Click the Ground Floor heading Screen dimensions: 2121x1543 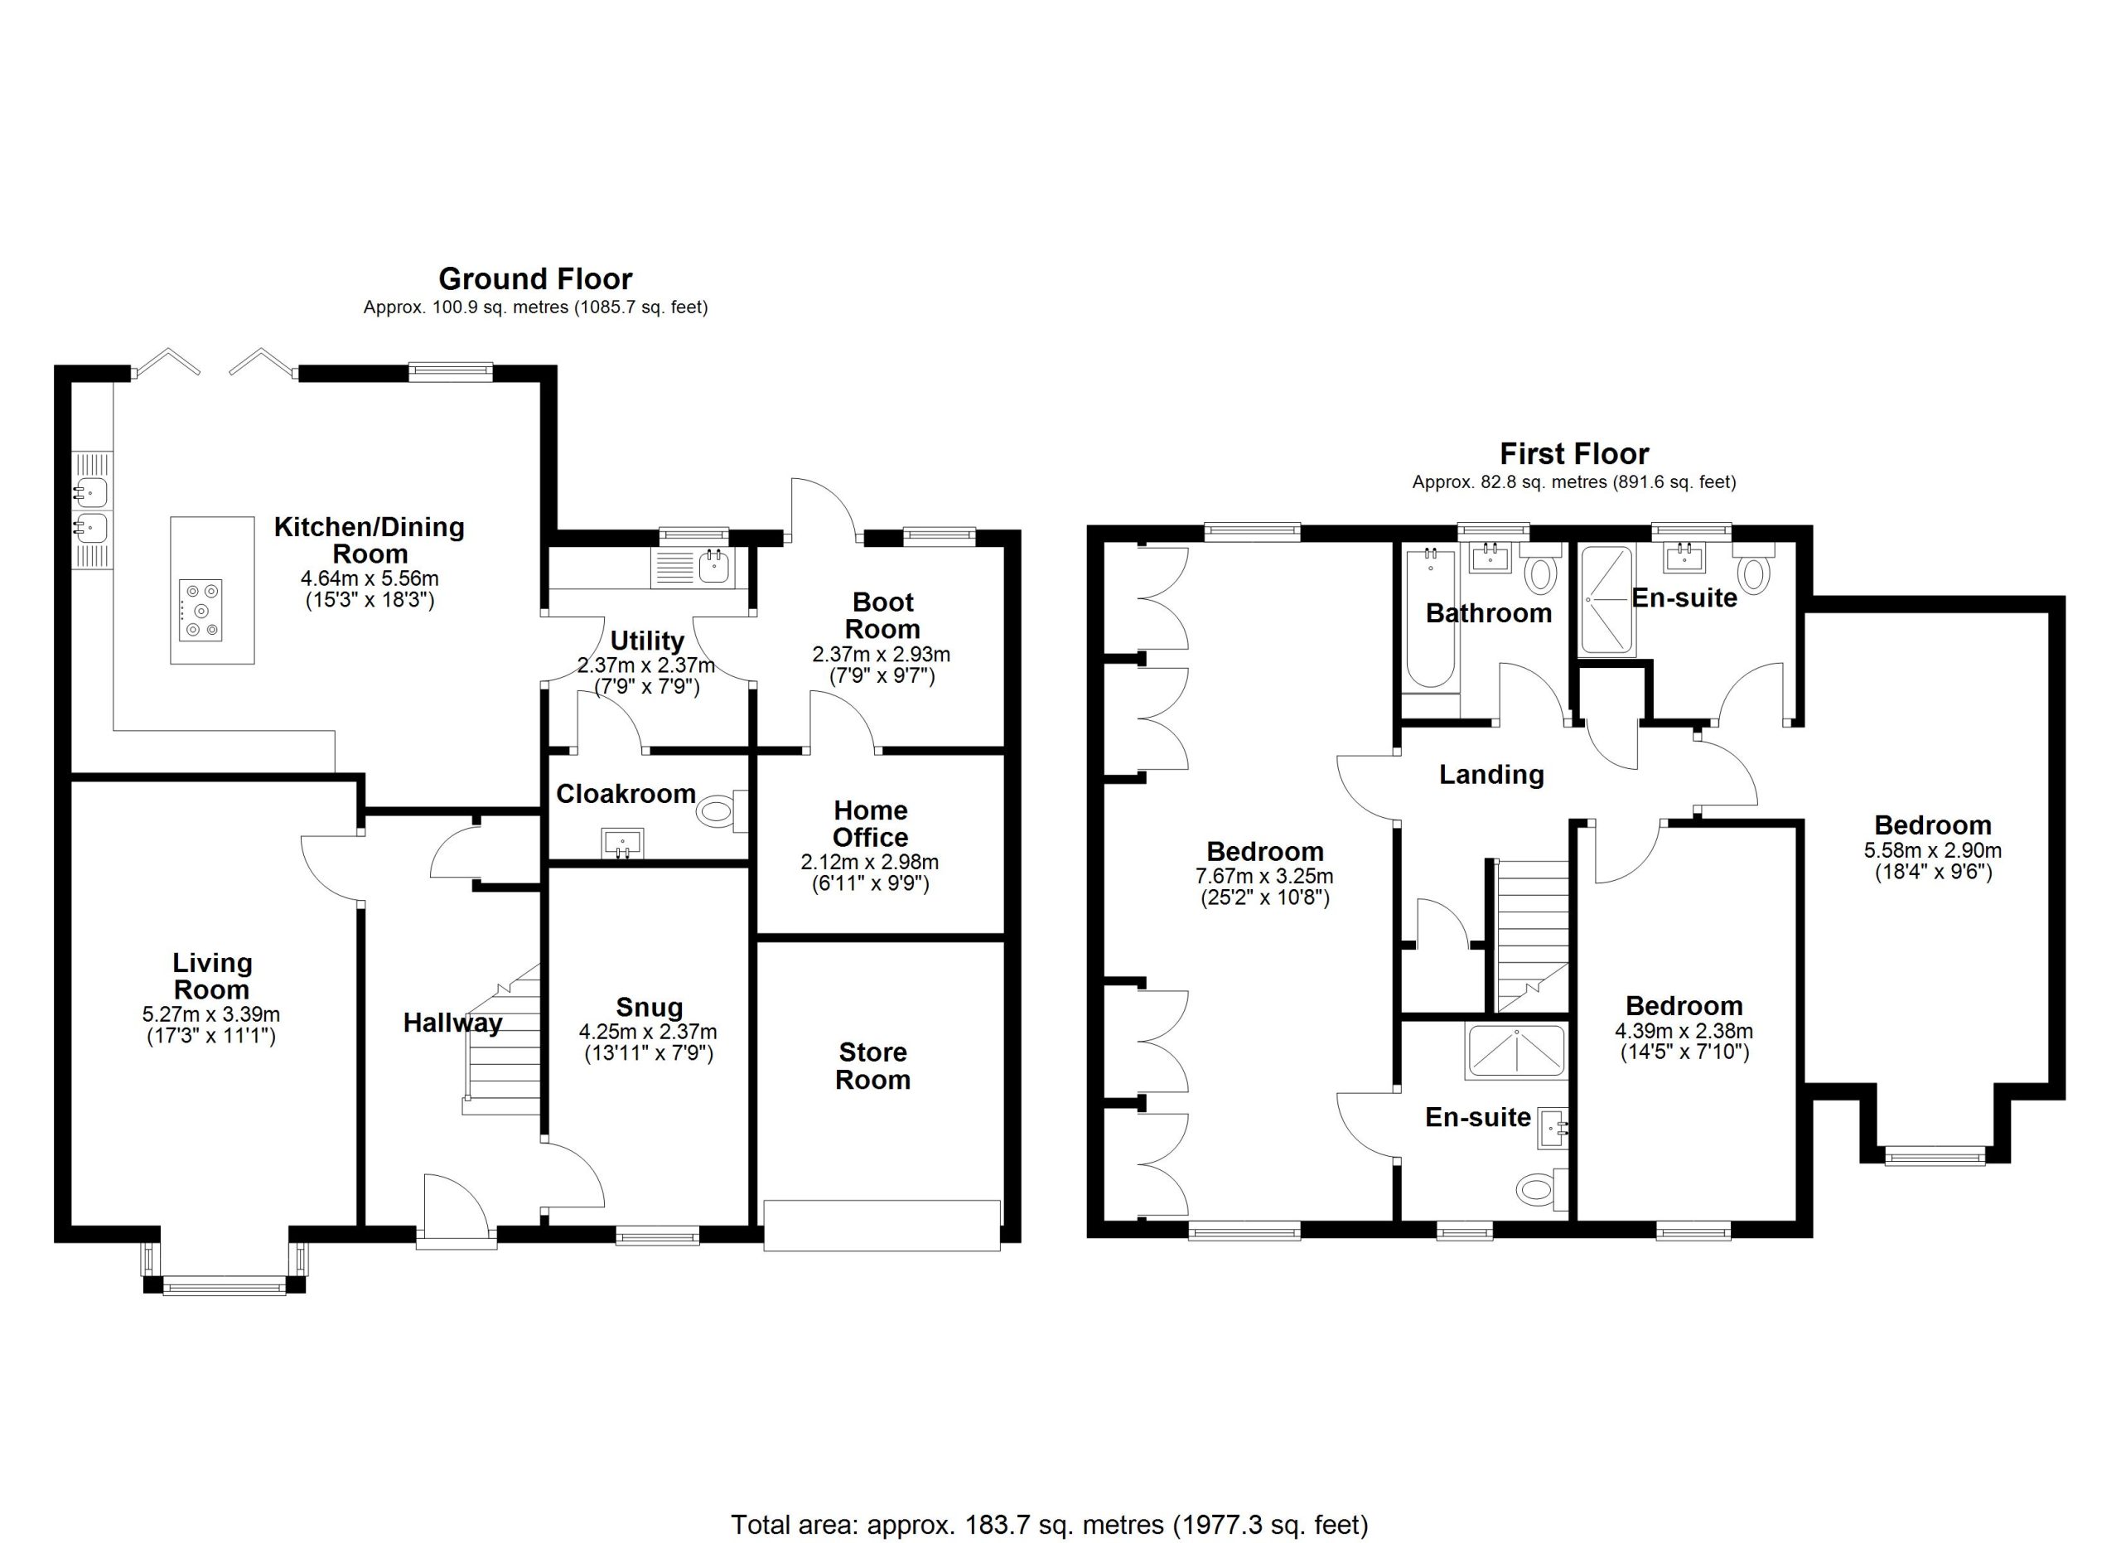click(x=535, y=278)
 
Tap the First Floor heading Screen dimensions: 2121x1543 click(x=1574, y=454)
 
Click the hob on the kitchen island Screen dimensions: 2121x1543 click(x=201, y=610)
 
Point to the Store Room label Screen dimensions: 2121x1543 click(x=872, y=1066)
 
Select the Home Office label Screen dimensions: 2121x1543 click(x=870, y=824)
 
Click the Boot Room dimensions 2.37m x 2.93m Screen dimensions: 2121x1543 click(x=881, y=655)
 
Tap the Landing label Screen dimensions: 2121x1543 click(x=1490, y=774)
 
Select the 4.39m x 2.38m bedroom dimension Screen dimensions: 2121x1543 click(x=1684, y=1032)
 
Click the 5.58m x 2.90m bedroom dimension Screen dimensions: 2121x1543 click(x=1932, y=851)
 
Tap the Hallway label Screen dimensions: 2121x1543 click(x=452, y=1024)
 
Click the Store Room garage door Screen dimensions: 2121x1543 click(x=882, y=1225)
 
